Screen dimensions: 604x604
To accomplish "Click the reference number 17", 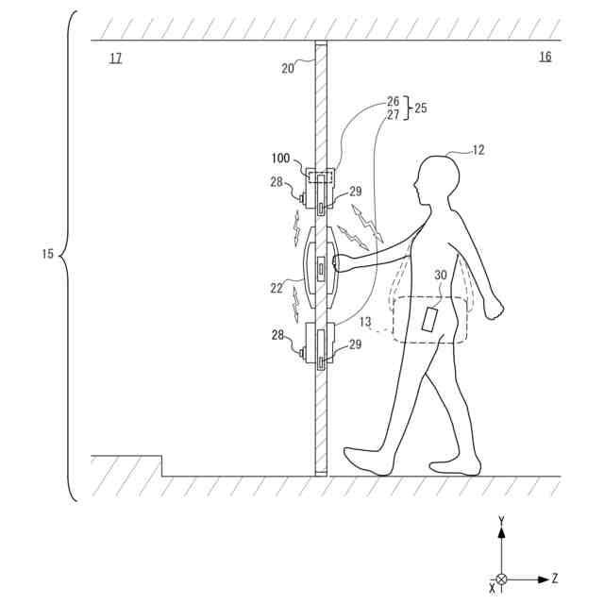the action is click(115, 59).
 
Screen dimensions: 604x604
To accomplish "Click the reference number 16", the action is click(545, 58).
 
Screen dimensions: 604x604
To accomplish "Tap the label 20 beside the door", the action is click(289, 67).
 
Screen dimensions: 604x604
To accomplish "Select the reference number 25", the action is click(420, 109).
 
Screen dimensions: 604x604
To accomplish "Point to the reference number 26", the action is click(394, 101).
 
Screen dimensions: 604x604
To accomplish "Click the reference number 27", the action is click(394, 115).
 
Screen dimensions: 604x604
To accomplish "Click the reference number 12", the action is click(478, 148).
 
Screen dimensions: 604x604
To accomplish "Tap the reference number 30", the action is click(440, 275).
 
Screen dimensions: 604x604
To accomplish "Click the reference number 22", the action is click(277, 288).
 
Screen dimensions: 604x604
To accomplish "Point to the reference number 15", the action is click(48, 255).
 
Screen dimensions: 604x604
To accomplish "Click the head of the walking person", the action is click(436, 179).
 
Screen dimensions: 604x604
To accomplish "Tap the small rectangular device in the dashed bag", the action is click(429, 319).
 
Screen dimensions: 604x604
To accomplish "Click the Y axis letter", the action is click(501, 521).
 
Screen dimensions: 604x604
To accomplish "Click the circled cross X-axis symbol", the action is click(501, 579).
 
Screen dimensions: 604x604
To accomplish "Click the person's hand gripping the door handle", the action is click(344, 263).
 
